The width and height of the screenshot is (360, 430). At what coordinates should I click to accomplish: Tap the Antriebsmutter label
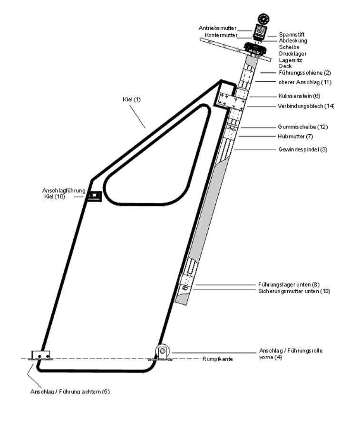click(x=217, y=29)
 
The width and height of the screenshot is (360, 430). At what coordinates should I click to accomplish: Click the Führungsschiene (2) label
click(x=304, y=73)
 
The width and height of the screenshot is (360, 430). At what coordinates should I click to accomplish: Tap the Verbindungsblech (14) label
click(x=306, y=106)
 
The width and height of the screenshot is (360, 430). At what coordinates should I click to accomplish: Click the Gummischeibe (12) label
click(x=302, y=127)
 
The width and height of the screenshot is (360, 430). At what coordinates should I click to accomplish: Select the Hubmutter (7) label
click(x=295, y=137)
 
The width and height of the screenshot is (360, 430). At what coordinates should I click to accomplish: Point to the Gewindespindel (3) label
click(x=302, y=149)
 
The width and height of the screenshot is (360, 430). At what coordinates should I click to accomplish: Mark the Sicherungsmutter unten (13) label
click(x=294, y=291)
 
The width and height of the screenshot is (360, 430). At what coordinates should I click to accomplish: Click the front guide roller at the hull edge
click(x=163, y=352)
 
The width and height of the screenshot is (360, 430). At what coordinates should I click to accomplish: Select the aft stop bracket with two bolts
click(x=40, y=355)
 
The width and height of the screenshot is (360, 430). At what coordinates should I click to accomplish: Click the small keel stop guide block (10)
click(x=94, y=196)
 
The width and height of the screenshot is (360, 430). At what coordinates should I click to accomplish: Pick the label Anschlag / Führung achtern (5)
click(x=70, y=391)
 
